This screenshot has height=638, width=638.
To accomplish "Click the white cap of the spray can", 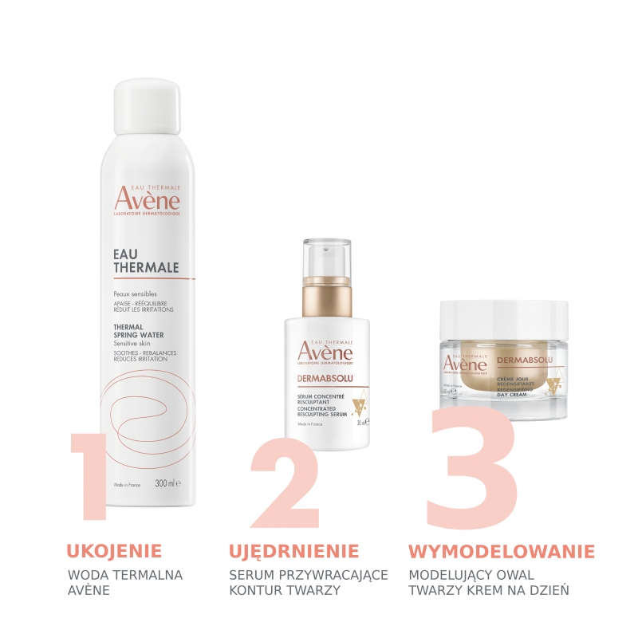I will click(x=147, y=108).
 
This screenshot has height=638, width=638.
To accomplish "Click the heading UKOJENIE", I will click(x=114, y=551).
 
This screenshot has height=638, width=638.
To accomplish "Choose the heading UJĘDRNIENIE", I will click(x=293, y=551).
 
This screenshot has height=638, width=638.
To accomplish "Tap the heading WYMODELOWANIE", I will click(x=502, y=551).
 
